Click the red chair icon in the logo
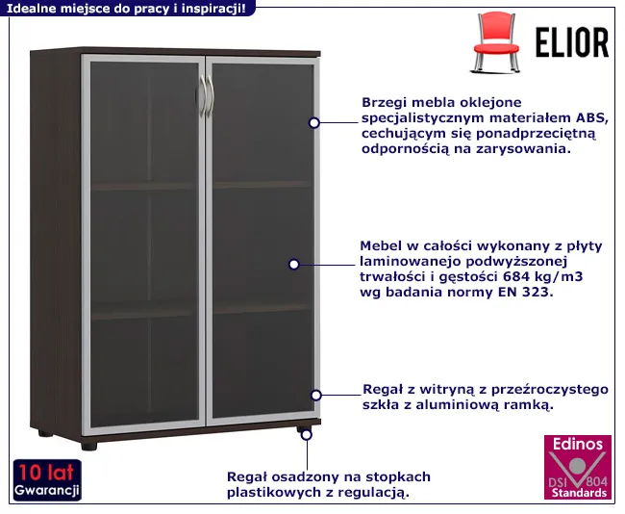tap(496, 41)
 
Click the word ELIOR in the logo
tap(570, 43)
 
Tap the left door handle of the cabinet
tap(199, 98)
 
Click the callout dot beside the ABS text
tap(313, 122)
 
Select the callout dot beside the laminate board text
tap(294, 263)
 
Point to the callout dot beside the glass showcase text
tap(314, 394)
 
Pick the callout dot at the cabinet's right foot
tap(306, 434)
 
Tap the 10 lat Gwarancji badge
tap(46, 480)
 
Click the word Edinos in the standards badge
tap(578, 444)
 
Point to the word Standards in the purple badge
tap(578, 493)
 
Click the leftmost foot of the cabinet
tap(46, 433)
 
